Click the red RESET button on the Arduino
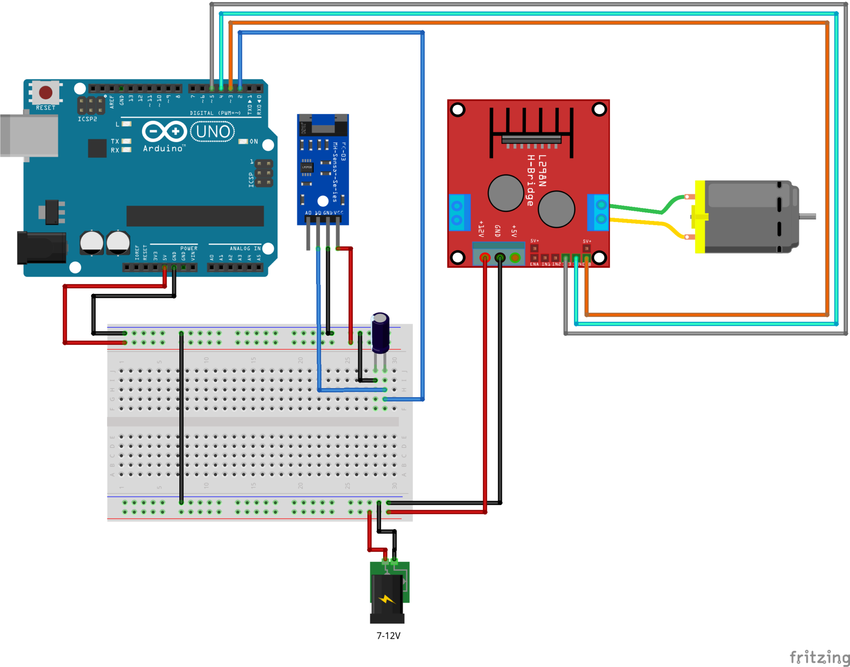46,92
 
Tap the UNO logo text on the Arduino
213,132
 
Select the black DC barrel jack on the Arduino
41,248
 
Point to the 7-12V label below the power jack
388,636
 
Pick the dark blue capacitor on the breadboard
380,332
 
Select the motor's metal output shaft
807,216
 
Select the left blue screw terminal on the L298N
459,213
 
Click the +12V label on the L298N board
481,229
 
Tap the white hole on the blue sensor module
323,201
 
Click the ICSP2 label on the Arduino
87,119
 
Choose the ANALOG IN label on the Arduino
245,248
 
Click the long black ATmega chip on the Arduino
195,216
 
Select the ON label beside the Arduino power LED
254,142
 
